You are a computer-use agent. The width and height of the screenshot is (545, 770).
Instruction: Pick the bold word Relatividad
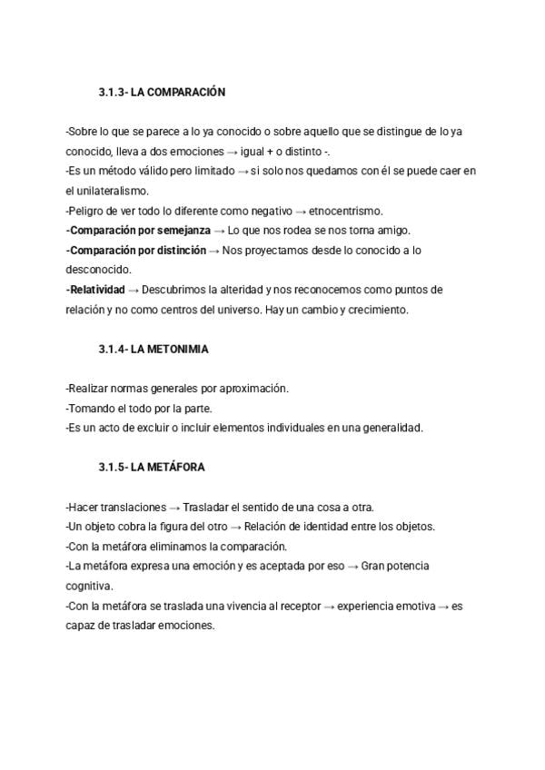coord(97,290)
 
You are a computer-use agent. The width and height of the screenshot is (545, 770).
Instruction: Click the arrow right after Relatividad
coord(134,290)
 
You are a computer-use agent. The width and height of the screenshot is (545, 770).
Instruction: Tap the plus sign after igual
coord(271,152)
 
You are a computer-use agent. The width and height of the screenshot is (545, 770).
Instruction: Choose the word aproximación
coord(249,389)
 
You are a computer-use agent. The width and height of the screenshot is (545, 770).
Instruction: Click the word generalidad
coord(392,428)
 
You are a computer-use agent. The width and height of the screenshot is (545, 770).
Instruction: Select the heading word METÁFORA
coord(168,468)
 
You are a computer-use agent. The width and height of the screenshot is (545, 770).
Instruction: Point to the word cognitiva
coord(88,586)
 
